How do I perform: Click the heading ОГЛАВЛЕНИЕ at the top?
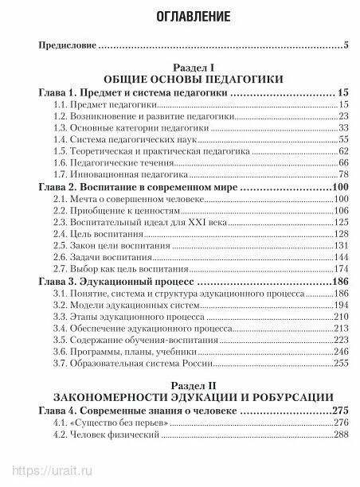(x=179, y=15)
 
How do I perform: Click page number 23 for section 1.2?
(x=344, y=115)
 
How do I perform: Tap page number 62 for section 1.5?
(x=344, y=150)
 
